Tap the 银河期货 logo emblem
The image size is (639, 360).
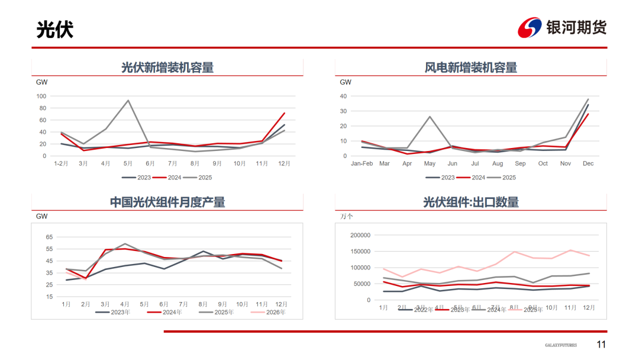(x=530, y=27)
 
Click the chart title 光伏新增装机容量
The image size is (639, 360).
(x=167, y=67)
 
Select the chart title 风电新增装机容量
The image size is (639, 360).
(x=471, y=67)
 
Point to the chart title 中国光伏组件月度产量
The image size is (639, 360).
(x=167, y=202)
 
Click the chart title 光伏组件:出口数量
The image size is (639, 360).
(x=471, y=202)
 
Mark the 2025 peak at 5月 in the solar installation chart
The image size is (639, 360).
(x=128, y=100)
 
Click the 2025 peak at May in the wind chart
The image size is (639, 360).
(x=430, y=117)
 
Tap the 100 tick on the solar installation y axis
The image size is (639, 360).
(x=41, y=96)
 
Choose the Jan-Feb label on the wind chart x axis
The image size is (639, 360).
(x=362, y=163)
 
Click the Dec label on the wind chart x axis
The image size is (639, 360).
(x=588, y=163)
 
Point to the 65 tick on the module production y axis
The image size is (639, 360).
(x=49, y=237)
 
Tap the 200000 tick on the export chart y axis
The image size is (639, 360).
(x=360, y=235)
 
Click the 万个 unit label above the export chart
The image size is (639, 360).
(x=346, y=217)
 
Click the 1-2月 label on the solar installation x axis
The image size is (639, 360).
(x=60, y=163)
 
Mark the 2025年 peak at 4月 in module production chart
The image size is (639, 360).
(x=125, y=243)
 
